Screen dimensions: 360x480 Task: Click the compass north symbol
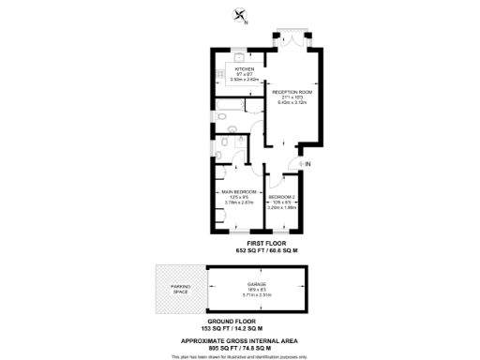point(240,15)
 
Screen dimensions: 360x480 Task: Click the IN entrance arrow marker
point(305,163)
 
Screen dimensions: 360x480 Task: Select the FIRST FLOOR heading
point(266,243)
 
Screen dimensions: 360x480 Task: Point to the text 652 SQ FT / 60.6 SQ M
point(266,251)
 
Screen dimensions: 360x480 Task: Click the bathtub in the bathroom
point(227,108)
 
